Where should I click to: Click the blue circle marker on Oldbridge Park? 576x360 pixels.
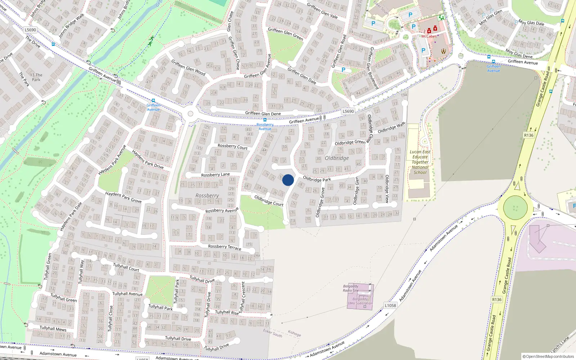(x=288, y=180)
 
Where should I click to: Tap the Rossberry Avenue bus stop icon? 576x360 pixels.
(x=265, y=120)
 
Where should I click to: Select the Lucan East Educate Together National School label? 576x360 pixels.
(x=420, y=162)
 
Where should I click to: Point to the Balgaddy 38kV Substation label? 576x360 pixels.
(x=360, y=301)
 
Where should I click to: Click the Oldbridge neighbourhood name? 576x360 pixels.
(x=337, y=158)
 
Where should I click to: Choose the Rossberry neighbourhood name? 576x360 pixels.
(x=207, y=195)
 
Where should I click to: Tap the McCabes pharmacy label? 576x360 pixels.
(x=429, y=36)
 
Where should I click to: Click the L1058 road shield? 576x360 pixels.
(x=390, y=305)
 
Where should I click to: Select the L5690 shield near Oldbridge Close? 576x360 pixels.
(x=348, y=111)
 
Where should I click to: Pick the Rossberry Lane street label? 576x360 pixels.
(x=215, y=175)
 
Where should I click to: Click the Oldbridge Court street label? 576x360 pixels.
(x=269, y=201)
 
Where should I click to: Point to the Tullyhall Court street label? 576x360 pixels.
(x=126, y=267)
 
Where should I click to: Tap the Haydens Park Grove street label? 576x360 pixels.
(x=123, y=197)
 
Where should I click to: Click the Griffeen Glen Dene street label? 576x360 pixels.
(x=263, y=113)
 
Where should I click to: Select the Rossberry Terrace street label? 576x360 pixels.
(x=225, y=247)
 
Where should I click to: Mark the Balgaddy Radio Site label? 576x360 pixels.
(x=351, y=288)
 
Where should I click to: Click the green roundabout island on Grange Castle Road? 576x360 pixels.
(x=515, y=208)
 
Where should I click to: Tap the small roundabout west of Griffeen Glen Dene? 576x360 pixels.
(x=190, y=114)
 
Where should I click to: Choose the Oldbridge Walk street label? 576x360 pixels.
(x=391, y=128)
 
